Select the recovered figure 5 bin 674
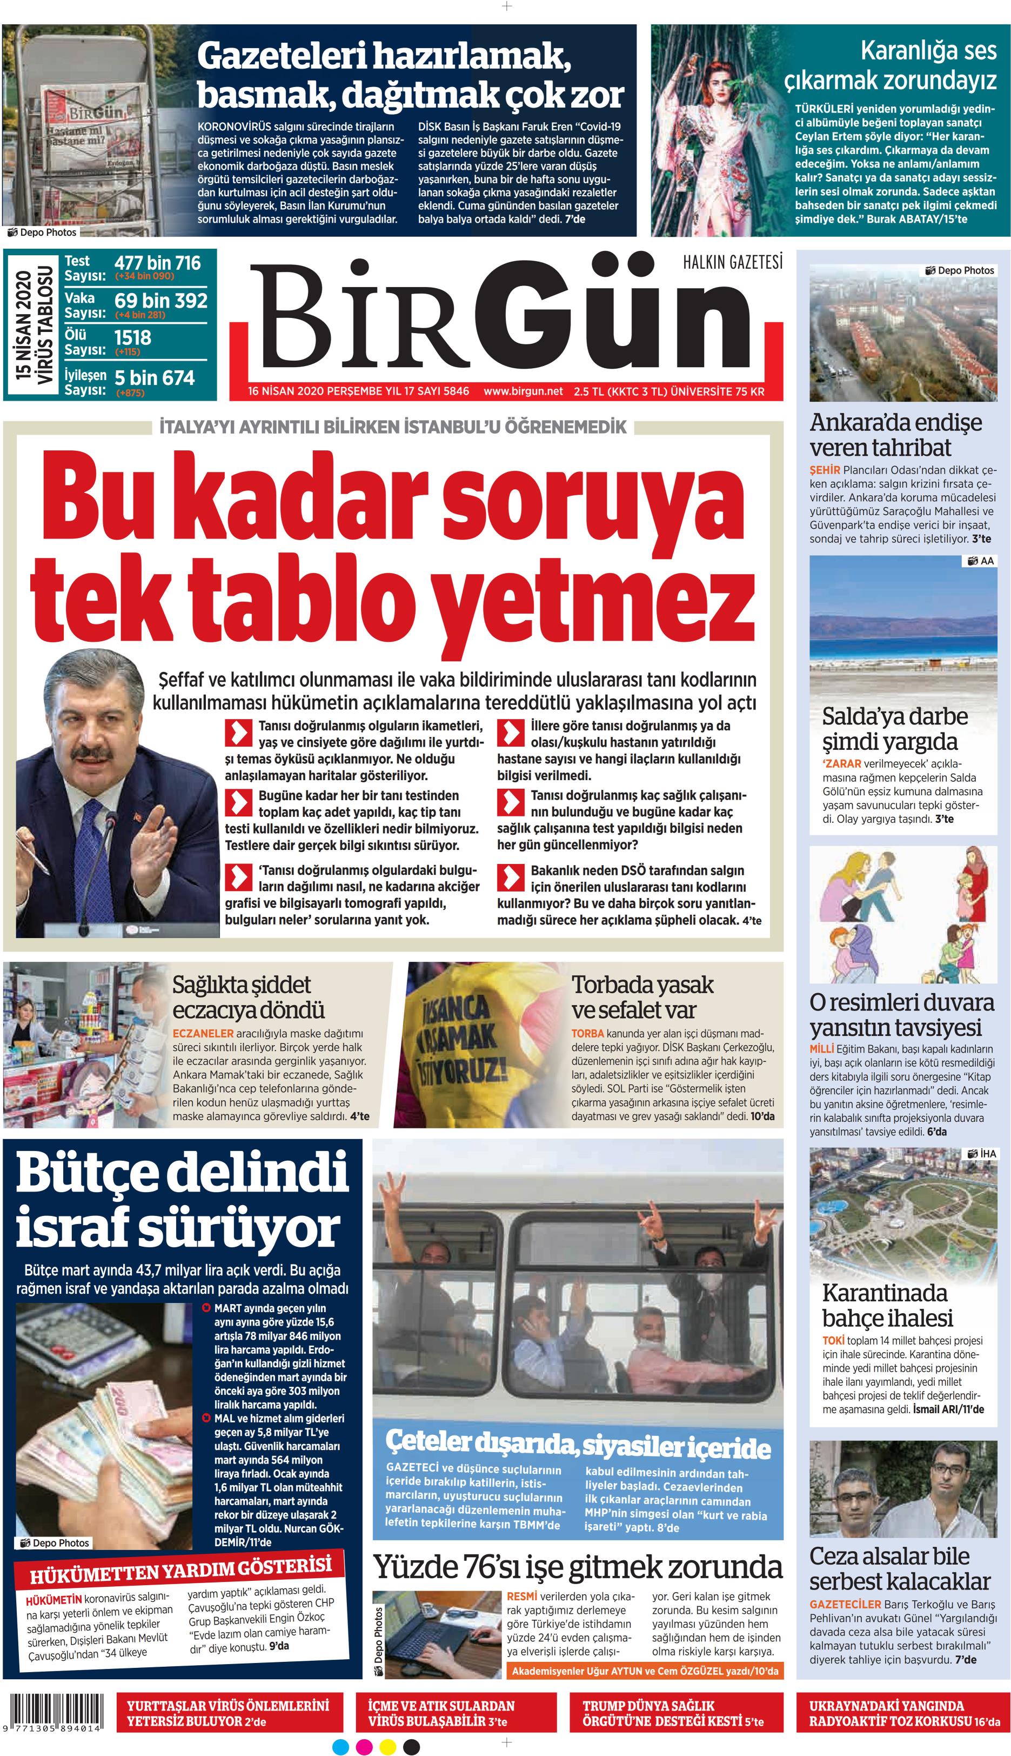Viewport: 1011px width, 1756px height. (x=154, y=377)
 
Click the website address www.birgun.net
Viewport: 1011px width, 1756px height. (x=523, y=391)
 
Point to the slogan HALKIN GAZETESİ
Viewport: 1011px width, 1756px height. (x=733, y=262)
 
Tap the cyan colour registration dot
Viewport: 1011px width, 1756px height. (x=340, y=1746)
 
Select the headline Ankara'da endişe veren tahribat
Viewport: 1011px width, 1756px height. (x=896, y=434)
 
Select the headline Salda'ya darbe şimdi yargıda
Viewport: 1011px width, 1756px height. (x=894, y=728)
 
